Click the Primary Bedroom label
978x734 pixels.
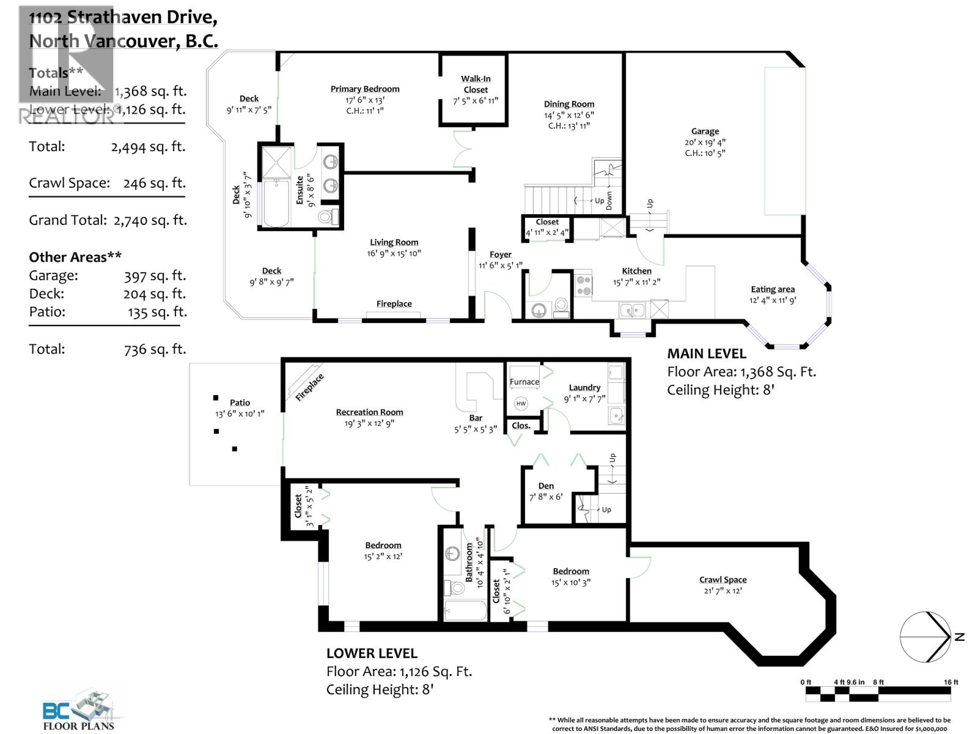(365, 89)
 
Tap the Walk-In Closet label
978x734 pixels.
(476, 84)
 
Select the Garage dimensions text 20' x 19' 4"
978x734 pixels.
(705, 143)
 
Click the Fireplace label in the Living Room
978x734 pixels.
(394, 304)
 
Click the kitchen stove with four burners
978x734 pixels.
(584, 286)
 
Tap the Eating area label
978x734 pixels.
(773, 289)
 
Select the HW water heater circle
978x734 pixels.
(521, 404)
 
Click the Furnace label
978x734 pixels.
(524, 382)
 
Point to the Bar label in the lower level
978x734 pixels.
(476, 418)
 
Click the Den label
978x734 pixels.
(546, 486)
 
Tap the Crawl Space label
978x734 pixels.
(723, 580)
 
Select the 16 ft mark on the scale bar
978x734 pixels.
(950, 682)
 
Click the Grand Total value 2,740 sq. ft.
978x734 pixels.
(150, 220)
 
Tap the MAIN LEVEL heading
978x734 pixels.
(707, 354)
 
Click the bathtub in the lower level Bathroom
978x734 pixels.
(465, 610)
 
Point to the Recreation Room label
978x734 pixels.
(369, 412)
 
